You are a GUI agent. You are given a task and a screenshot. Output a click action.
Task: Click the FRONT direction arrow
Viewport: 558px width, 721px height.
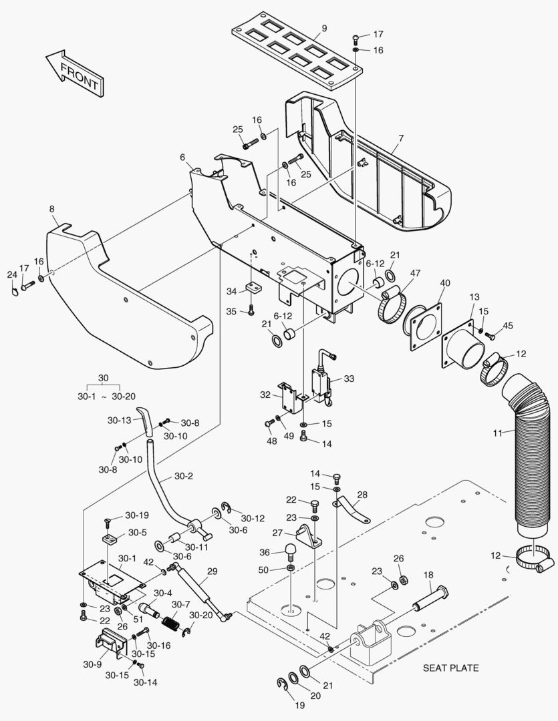point(73,73)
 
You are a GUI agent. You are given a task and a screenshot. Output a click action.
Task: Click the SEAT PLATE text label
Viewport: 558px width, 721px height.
point(450,668)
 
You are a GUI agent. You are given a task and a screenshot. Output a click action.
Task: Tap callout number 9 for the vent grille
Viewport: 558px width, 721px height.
point(324,28)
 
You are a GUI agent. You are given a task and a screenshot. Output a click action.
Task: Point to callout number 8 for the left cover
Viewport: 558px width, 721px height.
point(52,209)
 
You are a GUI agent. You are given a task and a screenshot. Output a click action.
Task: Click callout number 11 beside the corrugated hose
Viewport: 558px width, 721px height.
point(498,433)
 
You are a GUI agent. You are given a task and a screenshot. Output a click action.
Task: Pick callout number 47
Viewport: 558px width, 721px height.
point(415,273)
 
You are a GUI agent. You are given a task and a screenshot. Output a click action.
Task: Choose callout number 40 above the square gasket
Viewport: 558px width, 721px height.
point(445,282)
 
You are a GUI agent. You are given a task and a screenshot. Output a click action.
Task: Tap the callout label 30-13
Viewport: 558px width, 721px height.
point(119,421)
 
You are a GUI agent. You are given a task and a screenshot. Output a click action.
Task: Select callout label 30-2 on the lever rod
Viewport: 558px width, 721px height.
point(184,476)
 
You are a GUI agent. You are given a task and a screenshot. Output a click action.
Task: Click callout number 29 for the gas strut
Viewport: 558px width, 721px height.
point(213,571)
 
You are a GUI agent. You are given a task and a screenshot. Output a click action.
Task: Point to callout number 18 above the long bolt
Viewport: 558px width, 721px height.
point(428,575)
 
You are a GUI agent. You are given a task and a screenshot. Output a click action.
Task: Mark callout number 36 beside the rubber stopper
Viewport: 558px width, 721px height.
point(265,552)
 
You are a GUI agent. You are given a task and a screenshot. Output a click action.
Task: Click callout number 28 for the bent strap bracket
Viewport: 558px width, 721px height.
point(362,495)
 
